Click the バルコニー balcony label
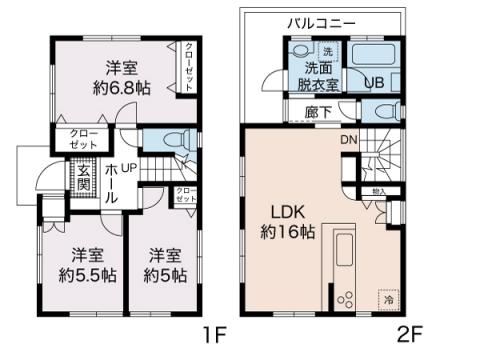[323, 21]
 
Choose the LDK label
[282, 211]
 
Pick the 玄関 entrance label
[83, 179]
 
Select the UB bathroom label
[375, 83]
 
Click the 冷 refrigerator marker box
[386, 298]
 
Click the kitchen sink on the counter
[343, 251]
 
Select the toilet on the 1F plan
[175, 142]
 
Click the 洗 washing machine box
[324, 52]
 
